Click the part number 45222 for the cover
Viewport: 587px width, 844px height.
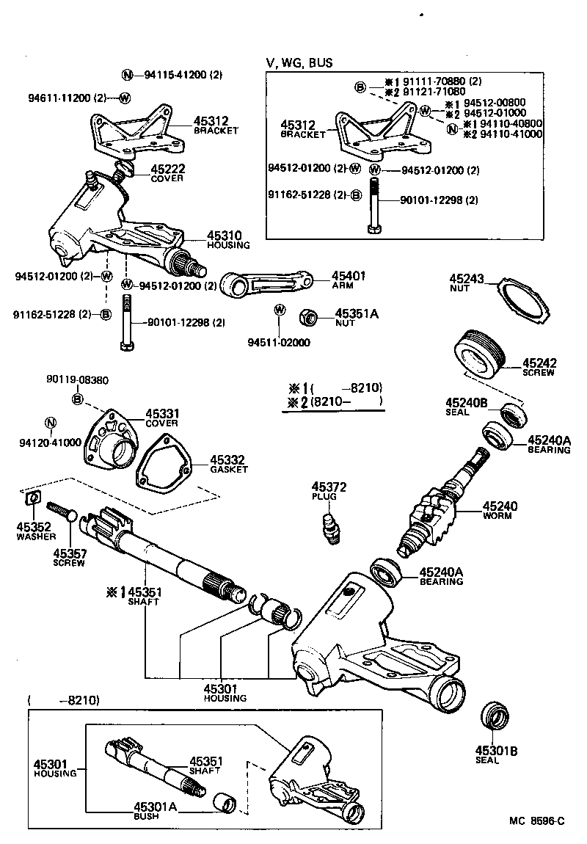(168, 169)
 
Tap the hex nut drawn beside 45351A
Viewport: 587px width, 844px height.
(309, 318)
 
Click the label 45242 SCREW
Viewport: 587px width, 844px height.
(539, 367)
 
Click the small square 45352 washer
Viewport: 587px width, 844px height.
(32, 500)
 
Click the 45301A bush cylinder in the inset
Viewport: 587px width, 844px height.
(224, 802)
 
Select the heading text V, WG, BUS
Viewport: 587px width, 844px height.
(299, 63)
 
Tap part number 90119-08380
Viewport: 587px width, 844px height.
(77, 380)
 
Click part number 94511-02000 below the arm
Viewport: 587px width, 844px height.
(279, 342)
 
